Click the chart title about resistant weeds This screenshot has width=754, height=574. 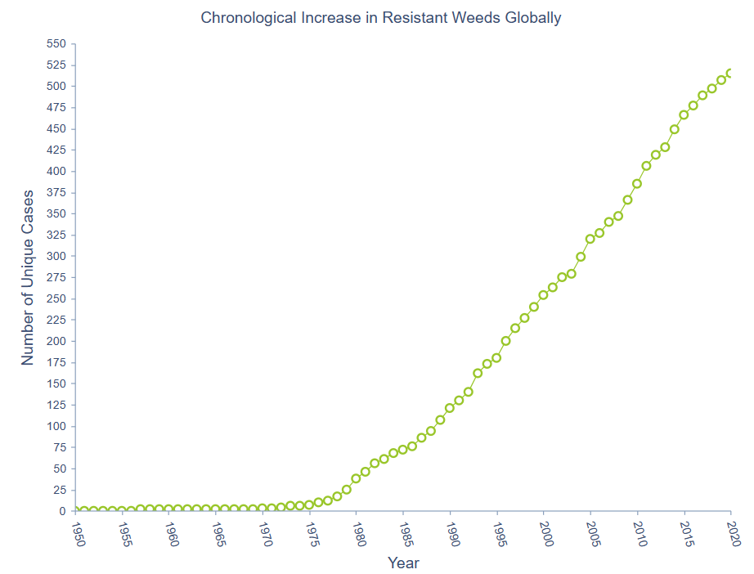(x=381, y=17)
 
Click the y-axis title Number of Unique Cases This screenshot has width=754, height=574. (x=28, y=278)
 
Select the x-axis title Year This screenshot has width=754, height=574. (x=403, y=563)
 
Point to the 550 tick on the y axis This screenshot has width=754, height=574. (x=56, y=44)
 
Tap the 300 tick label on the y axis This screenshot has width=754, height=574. (x=56, y=256)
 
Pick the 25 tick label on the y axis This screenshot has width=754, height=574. (x=59, y=490)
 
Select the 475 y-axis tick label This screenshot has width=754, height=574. (x=56, y=107)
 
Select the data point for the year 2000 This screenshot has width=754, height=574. (x=543, y=295)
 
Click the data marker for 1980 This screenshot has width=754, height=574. (x=356, y=478)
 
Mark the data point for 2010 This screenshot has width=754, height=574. (x=637, y=183)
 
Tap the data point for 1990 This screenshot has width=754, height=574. (x=450, y=408)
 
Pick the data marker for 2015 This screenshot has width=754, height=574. (x=684, y=114)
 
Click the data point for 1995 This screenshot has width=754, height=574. (x=496, y=357)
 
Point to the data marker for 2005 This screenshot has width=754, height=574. (x=590, y=239)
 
